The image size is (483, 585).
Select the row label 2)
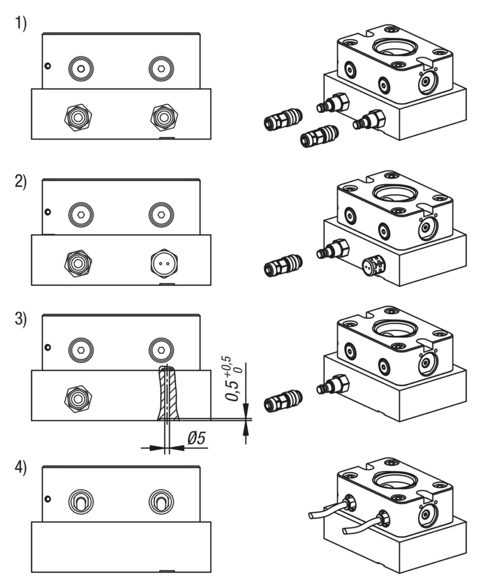click(20, 183)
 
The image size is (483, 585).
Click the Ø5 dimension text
click(196, 439)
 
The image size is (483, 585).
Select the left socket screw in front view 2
click(81, 214)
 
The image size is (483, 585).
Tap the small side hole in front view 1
click(47, 66)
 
